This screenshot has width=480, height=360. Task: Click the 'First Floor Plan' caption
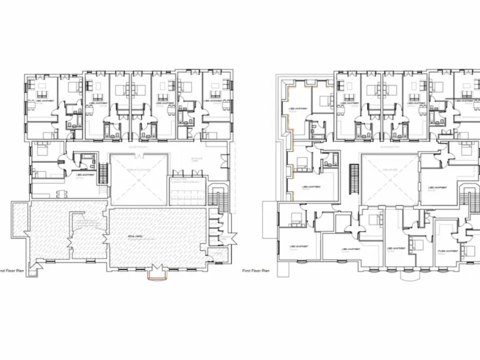(256, 271)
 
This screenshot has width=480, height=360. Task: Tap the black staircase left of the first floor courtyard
(354, 177)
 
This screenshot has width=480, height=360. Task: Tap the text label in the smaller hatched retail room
(87, 221)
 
